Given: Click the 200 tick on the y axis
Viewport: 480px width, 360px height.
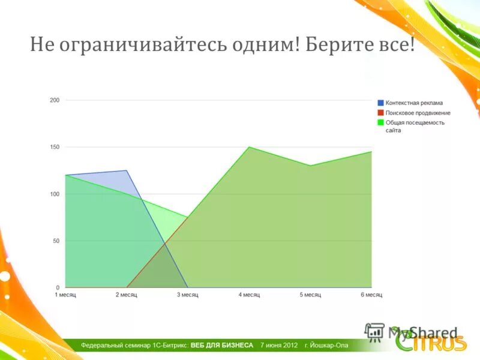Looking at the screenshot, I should coord(55,100).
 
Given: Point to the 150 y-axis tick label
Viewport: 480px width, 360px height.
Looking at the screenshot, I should coord(55,147).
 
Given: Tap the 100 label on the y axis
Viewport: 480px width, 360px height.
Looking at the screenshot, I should coord(55,194).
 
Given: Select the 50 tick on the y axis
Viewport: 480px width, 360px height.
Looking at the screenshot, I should coord(56,241).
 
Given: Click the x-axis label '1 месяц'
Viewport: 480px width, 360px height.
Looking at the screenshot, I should coord(65,295).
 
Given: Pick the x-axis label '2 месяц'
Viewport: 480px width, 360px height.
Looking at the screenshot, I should coord(127,295).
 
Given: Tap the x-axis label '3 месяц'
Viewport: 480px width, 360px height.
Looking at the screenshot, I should coord(188,295).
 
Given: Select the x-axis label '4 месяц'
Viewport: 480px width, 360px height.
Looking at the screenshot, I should coord(249,295).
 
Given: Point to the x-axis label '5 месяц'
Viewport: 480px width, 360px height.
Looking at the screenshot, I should coord(310,295).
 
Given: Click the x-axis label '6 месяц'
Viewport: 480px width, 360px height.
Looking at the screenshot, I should coord(371,295).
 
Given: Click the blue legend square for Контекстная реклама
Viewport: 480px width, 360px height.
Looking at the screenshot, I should coord(380,103).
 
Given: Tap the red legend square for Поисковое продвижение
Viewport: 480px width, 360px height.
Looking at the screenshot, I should coord(380,113).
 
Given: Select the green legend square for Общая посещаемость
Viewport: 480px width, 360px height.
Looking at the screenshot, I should coord(380,122).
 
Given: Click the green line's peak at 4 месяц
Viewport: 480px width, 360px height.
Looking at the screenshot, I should coord(249,147).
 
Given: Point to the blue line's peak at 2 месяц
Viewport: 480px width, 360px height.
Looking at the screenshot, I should coord(127,171).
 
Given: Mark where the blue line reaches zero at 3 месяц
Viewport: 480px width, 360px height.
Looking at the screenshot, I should coord(188,287).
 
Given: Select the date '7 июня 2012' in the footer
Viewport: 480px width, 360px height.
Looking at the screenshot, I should coord(279,346).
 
